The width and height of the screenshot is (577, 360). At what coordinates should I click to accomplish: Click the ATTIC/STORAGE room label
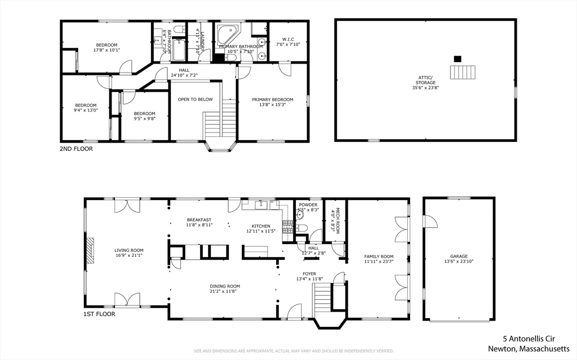pos(425,79)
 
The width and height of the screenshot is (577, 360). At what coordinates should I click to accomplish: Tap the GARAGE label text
pos(458,256)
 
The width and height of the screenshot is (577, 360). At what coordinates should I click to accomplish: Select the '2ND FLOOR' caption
pos(76,149)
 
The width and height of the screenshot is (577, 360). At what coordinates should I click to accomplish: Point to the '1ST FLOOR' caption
pos(99,314)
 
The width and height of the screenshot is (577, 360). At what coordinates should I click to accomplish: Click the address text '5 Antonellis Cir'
pos(536,339)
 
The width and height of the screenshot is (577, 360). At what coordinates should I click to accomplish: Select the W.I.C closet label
pos(288,39)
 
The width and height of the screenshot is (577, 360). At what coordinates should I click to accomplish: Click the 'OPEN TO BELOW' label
pos(195,99)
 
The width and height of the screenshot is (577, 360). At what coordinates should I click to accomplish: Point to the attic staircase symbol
pos(463,72)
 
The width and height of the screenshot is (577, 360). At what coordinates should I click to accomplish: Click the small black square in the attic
pos(458,58)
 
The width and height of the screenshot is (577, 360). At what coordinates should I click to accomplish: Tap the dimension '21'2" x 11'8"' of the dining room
pos(225,292)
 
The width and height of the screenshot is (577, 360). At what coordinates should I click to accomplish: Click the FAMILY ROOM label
pos(378,256)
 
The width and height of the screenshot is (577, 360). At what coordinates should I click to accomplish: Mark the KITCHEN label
pos(261,226)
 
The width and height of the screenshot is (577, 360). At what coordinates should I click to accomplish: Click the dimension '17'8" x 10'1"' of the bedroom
pos(106,50)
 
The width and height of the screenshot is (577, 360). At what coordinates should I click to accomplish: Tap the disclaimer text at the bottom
pos(293,351)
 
